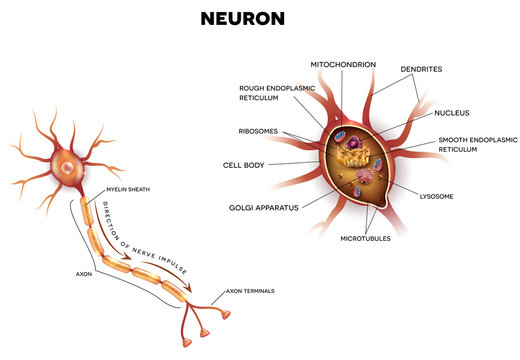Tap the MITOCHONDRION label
point(343,64)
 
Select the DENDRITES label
point(422,69)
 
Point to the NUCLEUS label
point(452,113)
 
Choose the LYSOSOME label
point(437,196)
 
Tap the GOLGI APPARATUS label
point(262,207)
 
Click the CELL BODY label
point(244,163)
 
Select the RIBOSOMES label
point(259,130)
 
